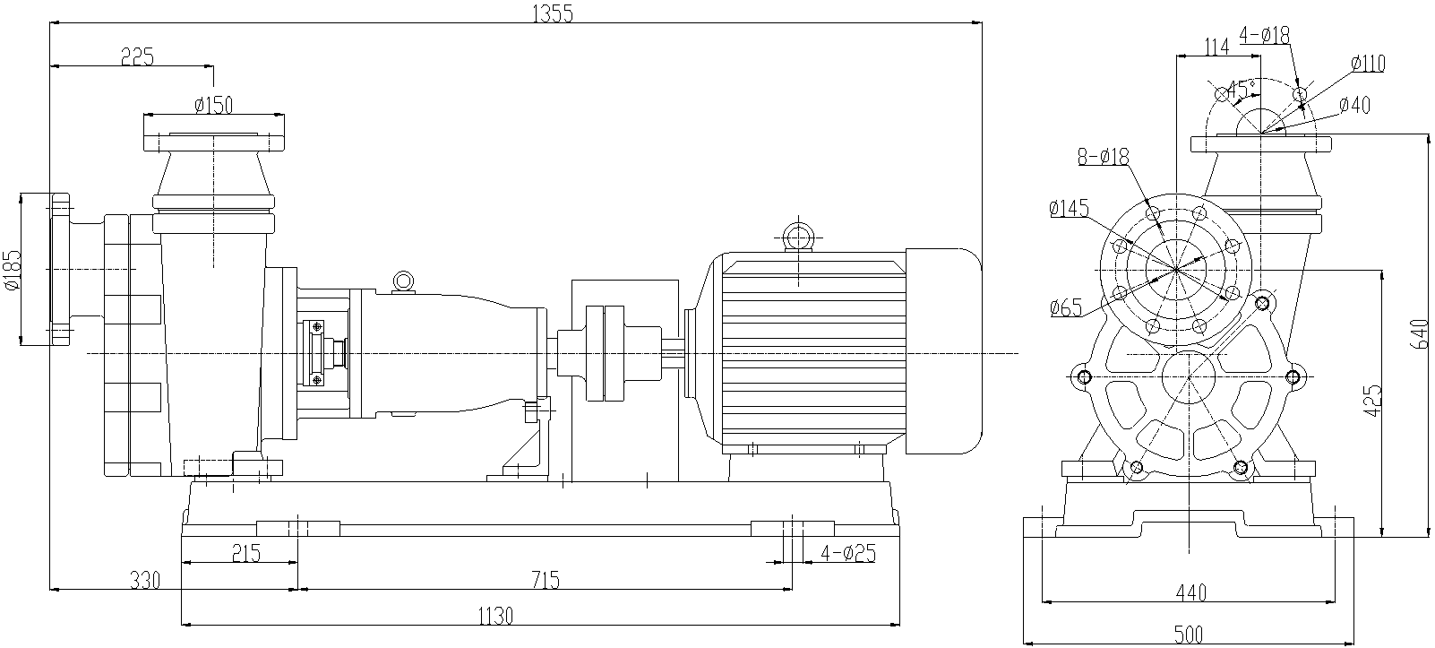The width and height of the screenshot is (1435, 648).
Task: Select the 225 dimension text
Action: coord(137,56)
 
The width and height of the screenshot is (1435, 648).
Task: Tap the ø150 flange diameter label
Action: coord(213,105)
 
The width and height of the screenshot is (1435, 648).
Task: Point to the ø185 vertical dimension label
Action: coord(12,269)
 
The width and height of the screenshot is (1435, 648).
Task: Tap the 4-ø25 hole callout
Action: coord(847,553)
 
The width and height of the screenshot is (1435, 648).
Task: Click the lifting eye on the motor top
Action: coord(796,238)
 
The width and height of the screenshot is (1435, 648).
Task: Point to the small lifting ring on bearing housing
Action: coord(403,281)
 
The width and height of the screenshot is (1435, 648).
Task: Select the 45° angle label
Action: coord(1241,89)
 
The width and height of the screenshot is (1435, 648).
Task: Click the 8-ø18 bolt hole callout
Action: coord(1104,157)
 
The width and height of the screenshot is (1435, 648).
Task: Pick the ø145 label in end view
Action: coord(1069,209)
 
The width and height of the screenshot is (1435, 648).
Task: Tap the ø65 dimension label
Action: coord(1065,308)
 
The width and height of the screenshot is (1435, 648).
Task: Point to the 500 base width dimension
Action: coord(1188,635)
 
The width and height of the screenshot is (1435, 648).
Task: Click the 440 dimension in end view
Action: coord(1190,592)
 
